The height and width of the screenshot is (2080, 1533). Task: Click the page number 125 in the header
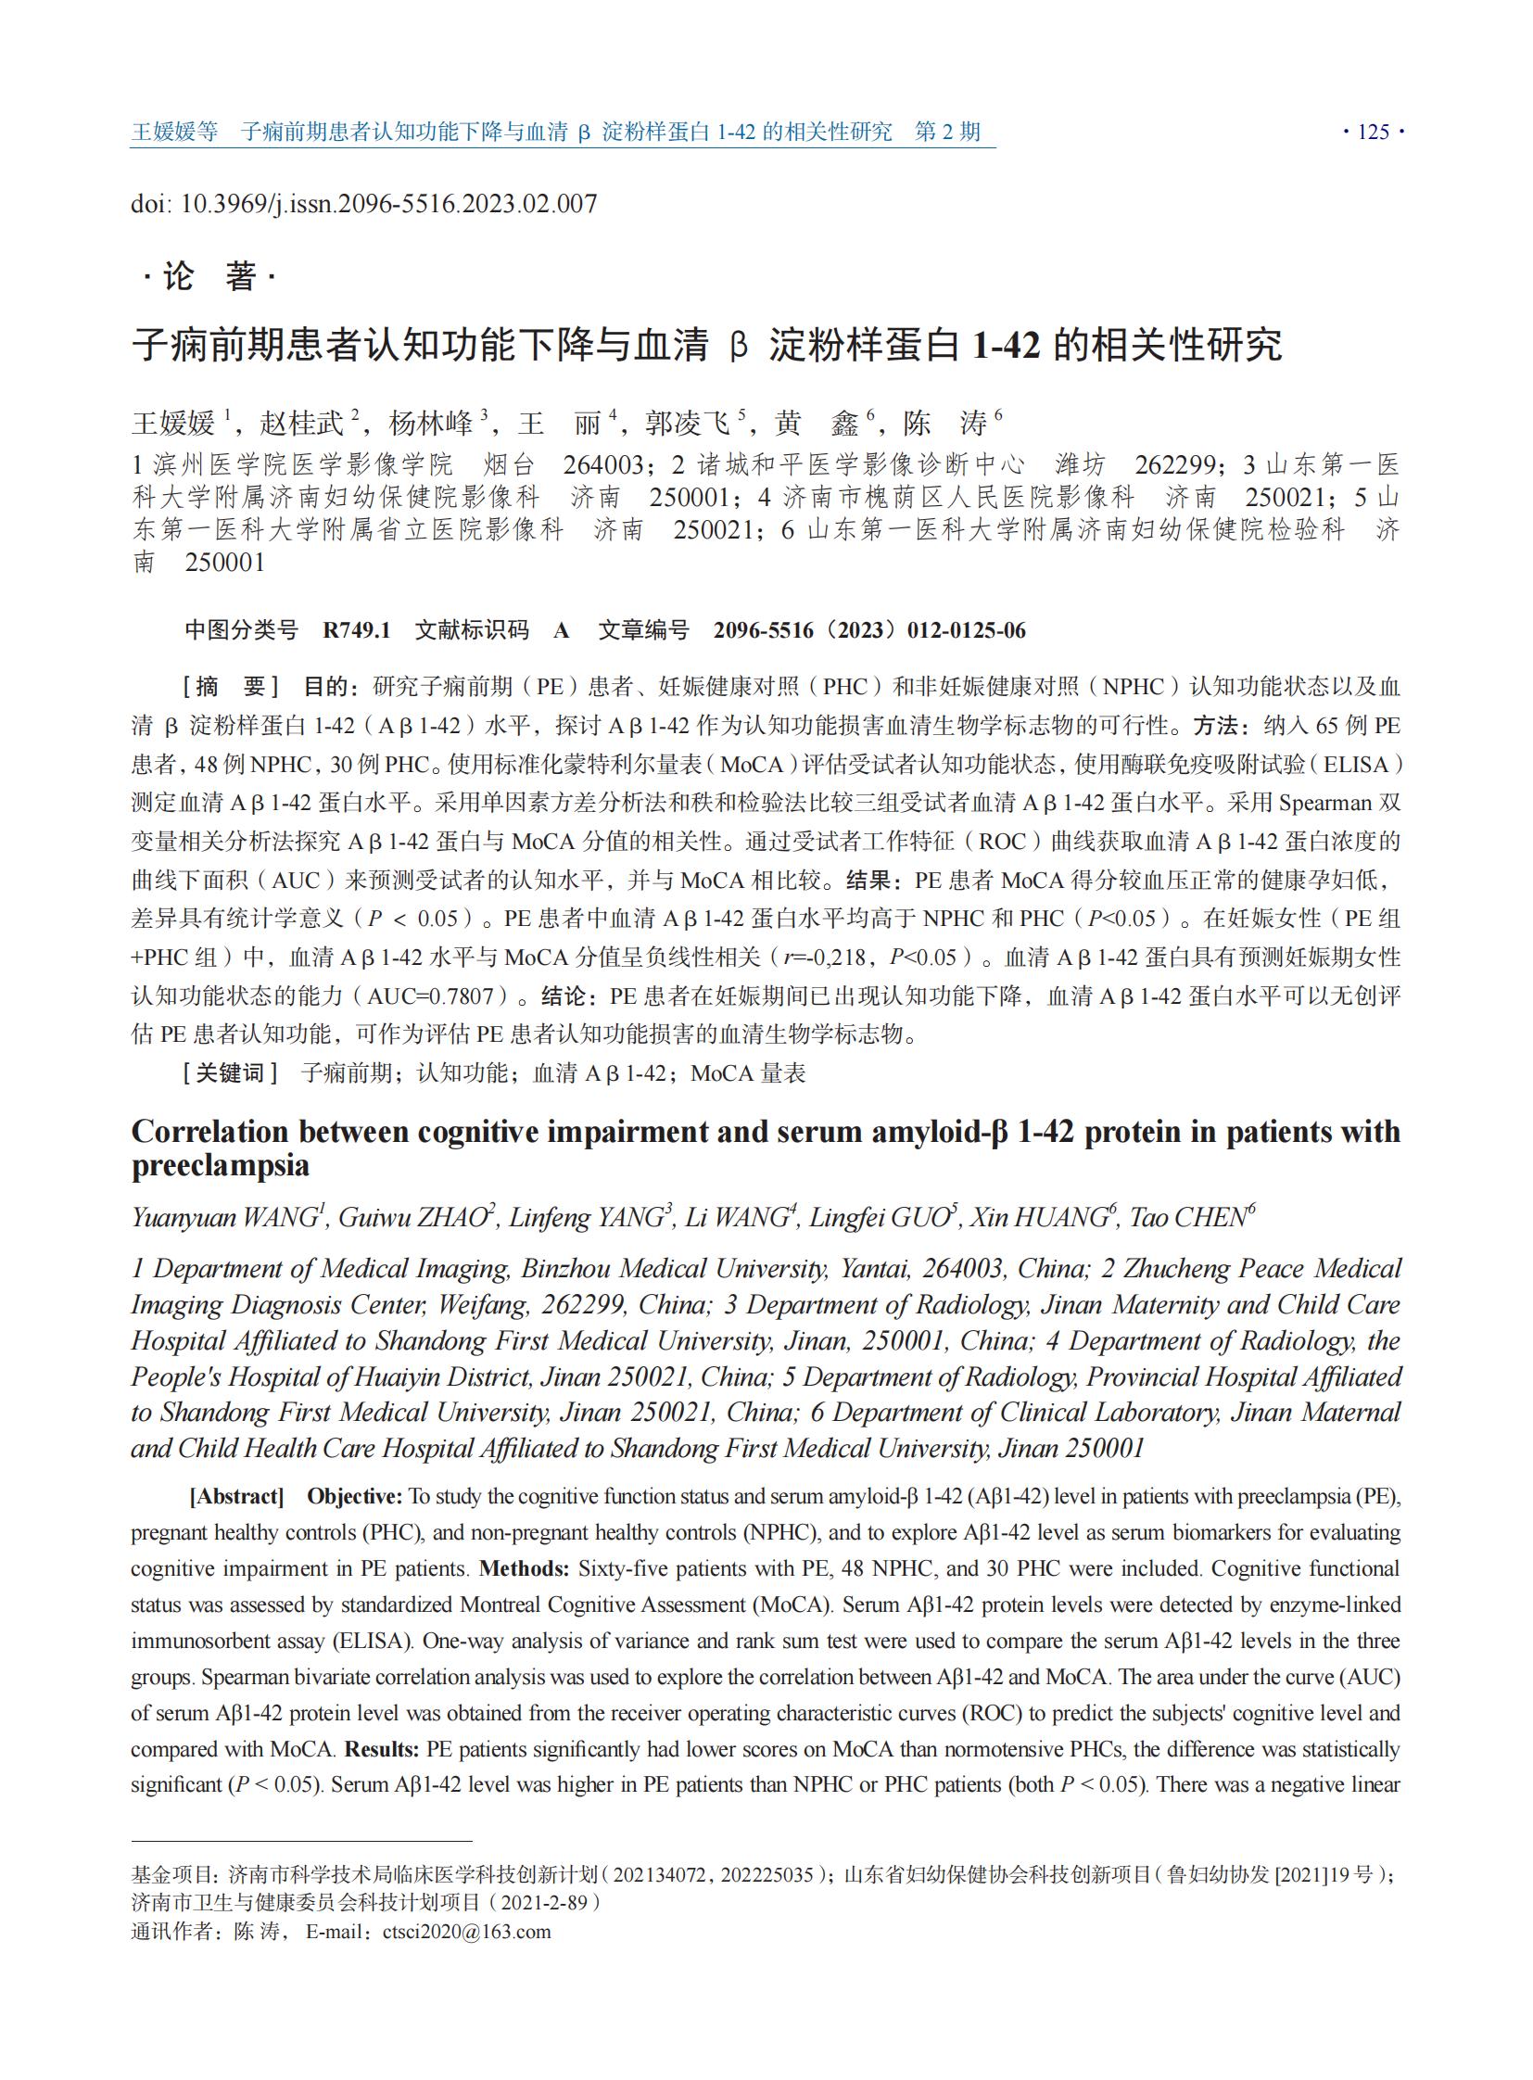[1374, 132]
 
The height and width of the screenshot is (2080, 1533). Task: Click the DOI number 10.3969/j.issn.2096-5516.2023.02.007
[388, 203]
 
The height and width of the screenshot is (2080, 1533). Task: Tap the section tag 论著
[209, 275]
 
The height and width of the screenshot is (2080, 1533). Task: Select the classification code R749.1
[356, 630]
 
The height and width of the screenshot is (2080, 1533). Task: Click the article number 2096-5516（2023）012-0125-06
[869, 630]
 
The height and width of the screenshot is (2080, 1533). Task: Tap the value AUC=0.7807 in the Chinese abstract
[431, 996]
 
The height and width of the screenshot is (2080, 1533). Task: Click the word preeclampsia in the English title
[220, 1166]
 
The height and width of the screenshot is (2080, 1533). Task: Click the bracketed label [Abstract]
[236, 1496]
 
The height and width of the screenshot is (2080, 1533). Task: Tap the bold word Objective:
[355, 1496]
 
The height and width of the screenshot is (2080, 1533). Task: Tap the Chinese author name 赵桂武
[301, 424]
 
